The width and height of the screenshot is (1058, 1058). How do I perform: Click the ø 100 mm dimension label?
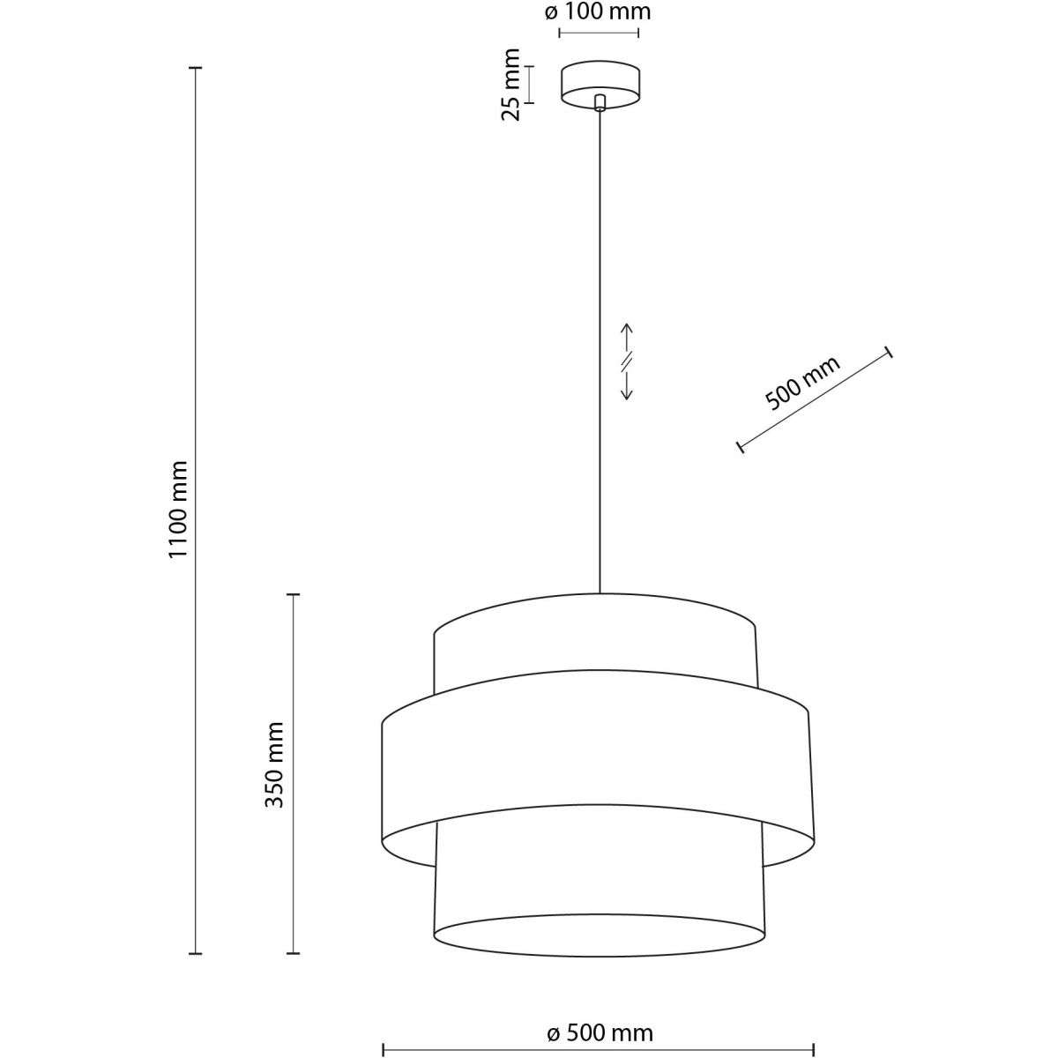click(x=599, y=12)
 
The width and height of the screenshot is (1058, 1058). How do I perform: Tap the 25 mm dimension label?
click(x=510, y=86)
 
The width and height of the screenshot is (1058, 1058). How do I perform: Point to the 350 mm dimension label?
click(x=274, y=764)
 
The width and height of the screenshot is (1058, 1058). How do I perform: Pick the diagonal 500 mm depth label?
click(x=802, y=383)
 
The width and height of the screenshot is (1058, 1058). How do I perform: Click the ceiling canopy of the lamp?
click(x=600, y=86)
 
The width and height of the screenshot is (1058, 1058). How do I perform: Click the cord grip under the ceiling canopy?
click(x=600, y=103)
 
